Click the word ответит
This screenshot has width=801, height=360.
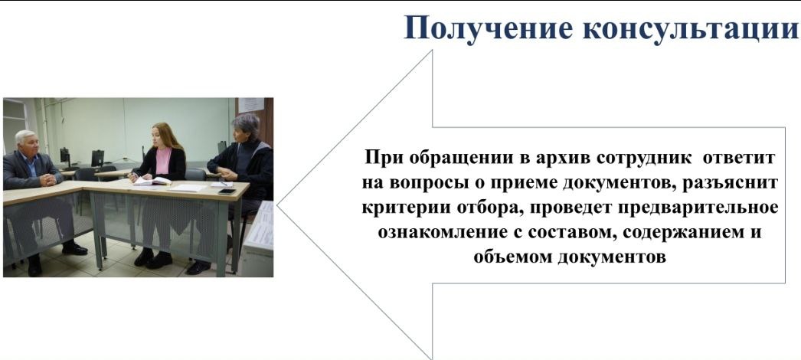click(x=739, y=157)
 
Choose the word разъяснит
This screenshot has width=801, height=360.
click(x=731, y=183)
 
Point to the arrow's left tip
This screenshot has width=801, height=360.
click(x=277, y=205)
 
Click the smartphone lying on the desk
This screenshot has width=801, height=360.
click(x=227, y=191)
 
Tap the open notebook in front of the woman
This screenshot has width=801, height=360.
click(x=152, y=181)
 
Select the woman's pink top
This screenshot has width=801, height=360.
click(x=163, y=159)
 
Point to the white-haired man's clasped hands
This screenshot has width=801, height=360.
click(x=48, y=179)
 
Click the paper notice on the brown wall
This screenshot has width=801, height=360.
click(x=251, y=105)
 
